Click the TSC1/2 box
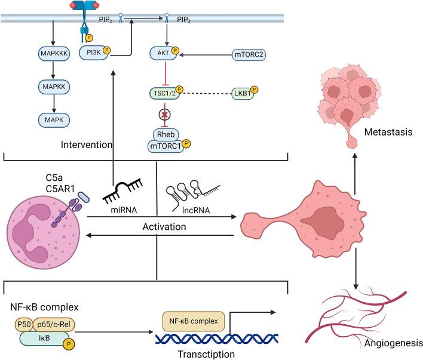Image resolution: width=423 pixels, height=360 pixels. [x=164, y=93]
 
